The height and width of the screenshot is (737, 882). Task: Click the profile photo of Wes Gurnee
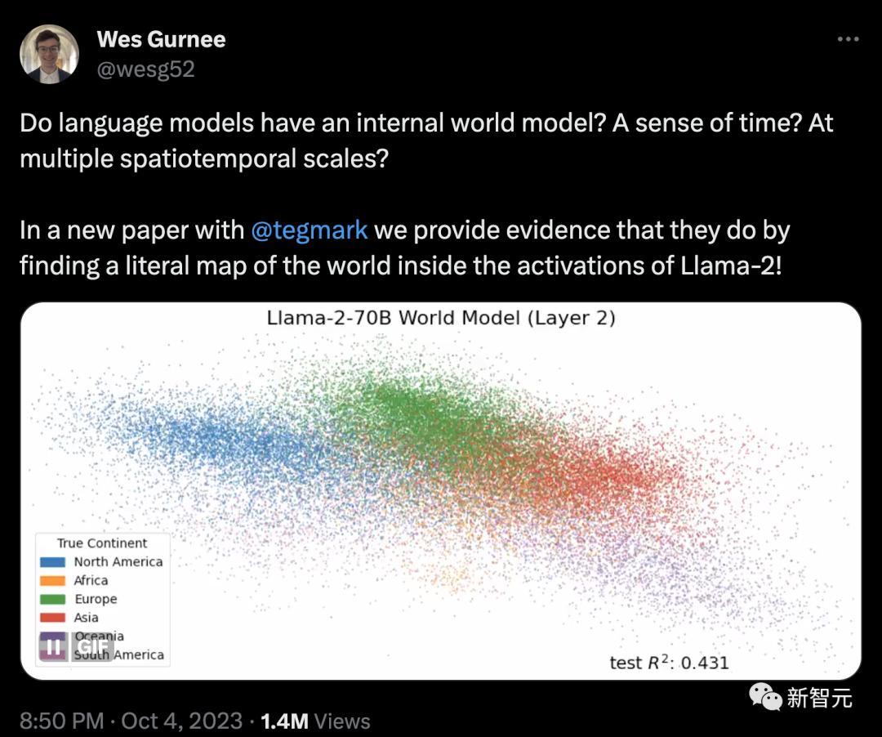49,54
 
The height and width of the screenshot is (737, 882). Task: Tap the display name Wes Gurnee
161,39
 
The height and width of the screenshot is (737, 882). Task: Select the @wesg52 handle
145,69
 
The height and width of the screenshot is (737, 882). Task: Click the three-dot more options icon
848,39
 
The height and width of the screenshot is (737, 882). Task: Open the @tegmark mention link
309,230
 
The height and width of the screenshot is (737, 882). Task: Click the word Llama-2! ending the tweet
731,266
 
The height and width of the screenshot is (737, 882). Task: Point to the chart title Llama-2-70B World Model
393,318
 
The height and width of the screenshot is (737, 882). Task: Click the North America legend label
118,561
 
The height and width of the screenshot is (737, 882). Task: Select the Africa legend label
91,580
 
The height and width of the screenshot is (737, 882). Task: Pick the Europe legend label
96,599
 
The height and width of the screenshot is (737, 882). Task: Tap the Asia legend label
86,617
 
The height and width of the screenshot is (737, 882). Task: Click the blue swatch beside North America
53,562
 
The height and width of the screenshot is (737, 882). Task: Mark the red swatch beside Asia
53,618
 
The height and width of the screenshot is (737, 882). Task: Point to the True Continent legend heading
102,543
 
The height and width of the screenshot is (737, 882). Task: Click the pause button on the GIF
53,646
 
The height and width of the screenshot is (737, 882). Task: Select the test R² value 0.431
705,663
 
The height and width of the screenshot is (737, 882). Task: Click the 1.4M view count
285,721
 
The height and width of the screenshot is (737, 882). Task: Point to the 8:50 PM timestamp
62,721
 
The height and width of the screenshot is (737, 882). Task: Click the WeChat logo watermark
765,697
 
